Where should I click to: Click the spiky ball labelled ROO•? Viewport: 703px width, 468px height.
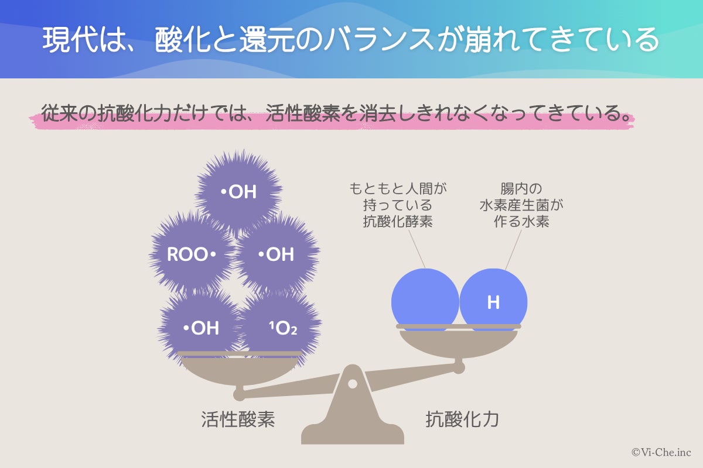(x=192, y=255)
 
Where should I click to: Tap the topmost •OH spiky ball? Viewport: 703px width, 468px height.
(x=238, y=191)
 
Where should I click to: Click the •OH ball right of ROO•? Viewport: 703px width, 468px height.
(x=276, y=255)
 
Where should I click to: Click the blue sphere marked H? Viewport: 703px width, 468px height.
(x=493, y=301)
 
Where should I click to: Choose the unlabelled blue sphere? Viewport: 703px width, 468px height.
(x=425, y=300)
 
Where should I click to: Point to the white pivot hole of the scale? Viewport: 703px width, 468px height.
(x=352, y=384)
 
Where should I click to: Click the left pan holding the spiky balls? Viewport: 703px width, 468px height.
(x=239, y=369)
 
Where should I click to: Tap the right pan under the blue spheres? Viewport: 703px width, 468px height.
(x=458, y=342)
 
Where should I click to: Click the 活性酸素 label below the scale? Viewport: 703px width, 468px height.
(x=238, y=419)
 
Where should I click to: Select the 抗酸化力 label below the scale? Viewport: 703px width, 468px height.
(x=462, y=419)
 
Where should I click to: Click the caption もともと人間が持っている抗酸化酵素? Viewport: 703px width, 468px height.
(x=398, y=205)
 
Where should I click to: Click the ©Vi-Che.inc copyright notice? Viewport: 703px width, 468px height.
(x=661, y=452)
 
